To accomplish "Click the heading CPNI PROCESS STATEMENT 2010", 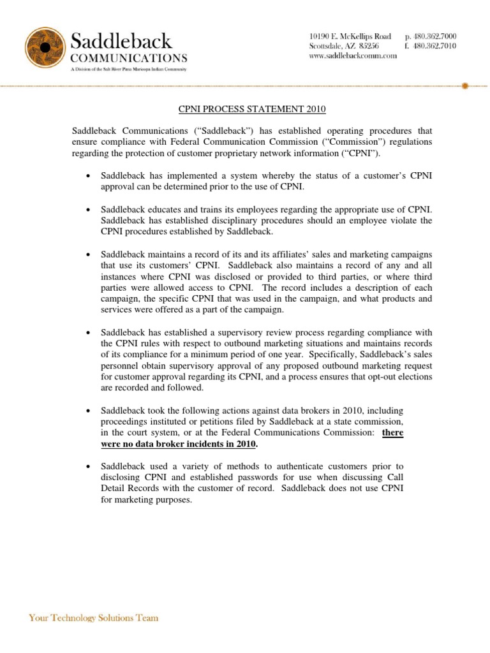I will [250, 110].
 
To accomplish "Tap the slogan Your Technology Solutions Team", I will [94, 618].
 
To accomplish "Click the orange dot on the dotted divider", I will [464, 85].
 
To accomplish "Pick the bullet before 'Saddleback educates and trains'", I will [86, 210].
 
